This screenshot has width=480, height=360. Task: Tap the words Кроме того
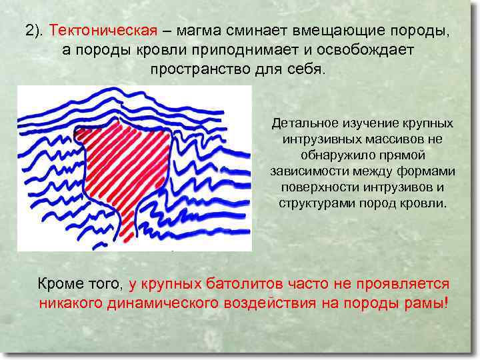79,284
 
